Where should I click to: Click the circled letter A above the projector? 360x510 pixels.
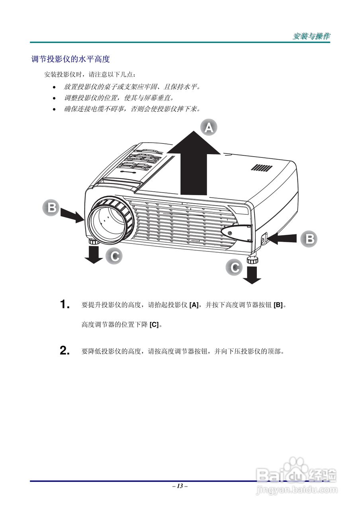(209, 128)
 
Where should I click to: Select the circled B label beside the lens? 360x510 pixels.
(51, 208)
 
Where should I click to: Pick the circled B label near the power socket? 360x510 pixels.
(309, 239)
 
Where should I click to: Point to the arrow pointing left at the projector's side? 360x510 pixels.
(283, 239)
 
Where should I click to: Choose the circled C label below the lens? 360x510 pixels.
(114, 256)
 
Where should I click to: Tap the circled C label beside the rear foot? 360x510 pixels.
(235, 267)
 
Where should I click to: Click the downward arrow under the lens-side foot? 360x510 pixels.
(93, 255)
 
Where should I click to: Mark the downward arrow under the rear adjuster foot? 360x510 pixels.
(252, 275)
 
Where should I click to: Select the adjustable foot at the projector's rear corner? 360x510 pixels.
(252, 260)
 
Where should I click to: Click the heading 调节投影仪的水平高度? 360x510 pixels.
(70, 59)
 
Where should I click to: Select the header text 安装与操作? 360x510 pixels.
(311, 36)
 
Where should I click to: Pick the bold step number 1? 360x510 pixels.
(65, 305)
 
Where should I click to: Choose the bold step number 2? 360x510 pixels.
(65, 351)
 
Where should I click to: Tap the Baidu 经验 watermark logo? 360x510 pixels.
(297, 474)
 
